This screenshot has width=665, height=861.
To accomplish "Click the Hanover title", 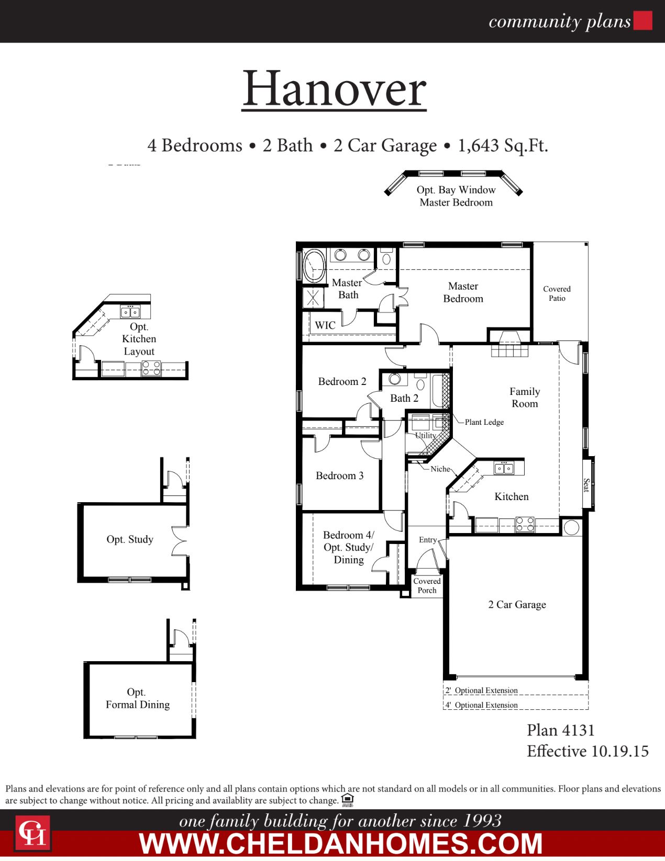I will [334, 89].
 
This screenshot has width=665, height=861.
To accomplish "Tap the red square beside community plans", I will [642, 21].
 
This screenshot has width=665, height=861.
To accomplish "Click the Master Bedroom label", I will [463, 292].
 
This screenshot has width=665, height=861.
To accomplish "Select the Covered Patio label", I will [557, 293].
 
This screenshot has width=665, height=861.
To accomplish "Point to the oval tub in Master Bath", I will [314, 265].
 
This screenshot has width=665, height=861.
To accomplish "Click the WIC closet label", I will [325, 325].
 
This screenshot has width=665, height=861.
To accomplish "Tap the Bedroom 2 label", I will [342, 382].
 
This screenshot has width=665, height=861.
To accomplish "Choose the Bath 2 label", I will [404, 399].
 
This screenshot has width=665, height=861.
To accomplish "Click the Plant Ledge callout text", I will [484, 422].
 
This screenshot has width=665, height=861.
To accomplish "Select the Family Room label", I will [524, 398].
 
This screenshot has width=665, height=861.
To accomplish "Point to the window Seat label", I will [586, 485].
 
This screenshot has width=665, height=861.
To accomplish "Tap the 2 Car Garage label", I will [517, 605].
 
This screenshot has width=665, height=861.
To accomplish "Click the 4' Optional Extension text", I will [482, 705].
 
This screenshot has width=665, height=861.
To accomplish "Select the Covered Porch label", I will [427, 586].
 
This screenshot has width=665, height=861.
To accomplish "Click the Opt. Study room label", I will [130, 539].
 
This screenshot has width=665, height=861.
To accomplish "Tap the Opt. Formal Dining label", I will [137, 699].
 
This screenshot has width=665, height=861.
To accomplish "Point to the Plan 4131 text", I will [560, 730].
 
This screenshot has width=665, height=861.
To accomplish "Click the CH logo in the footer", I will [32, 833].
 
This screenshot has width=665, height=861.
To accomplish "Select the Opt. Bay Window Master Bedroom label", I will [456, 196].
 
